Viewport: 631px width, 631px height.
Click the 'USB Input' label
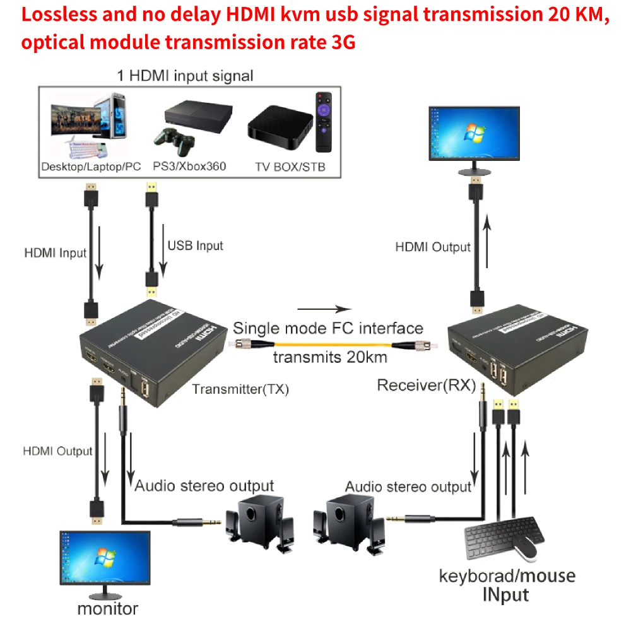click(195, 245)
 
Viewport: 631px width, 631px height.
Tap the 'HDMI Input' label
click(55, 253)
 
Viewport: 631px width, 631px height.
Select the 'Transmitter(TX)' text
click(240, 389)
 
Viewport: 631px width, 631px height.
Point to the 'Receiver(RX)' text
click(426, 385)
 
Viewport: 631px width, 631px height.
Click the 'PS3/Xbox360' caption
click(189, 167)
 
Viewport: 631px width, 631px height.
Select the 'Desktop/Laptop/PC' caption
click(91, 167)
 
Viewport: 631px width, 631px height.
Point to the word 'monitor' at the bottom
click(107, 609)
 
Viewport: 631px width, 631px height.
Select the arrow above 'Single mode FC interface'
click(324, 309)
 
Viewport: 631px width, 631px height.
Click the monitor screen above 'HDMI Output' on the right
click(473, 133)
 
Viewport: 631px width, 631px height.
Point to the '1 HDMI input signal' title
click(185, 76)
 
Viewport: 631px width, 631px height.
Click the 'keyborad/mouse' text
click(507, 575)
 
